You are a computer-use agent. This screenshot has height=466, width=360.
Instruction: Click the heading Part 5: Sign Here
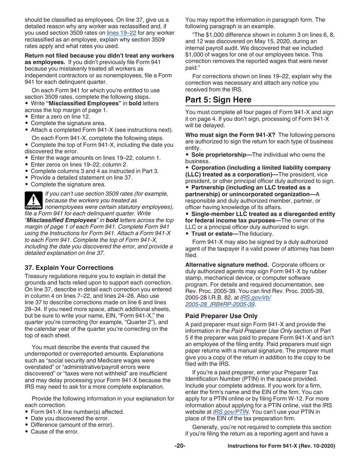pos(218,100)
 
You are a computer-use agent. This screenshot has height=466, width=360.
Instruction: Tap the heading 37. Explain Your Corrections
pos(69,267)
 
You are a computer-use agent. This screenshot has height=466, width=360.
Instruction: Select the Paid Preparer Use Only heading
pos(221,316)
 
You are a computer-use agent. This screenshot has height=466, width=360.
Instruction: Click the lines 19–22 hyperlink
pos(121,33)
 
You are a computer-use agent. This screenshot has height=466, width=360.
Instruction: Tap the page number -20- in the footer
pos(180,446)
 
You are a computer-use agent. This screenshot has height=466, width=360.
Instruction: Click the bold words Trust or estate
pos(214,234)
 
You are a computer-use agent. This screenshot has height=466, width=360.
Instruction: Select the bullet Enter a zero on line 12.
pos(60,117)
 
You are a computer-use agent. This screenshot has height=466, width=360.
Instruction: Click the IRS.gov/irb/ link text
pos(255,297)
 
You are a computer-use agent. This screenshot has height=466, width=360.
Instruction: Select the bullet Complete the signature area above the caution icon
pos(68,185)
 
